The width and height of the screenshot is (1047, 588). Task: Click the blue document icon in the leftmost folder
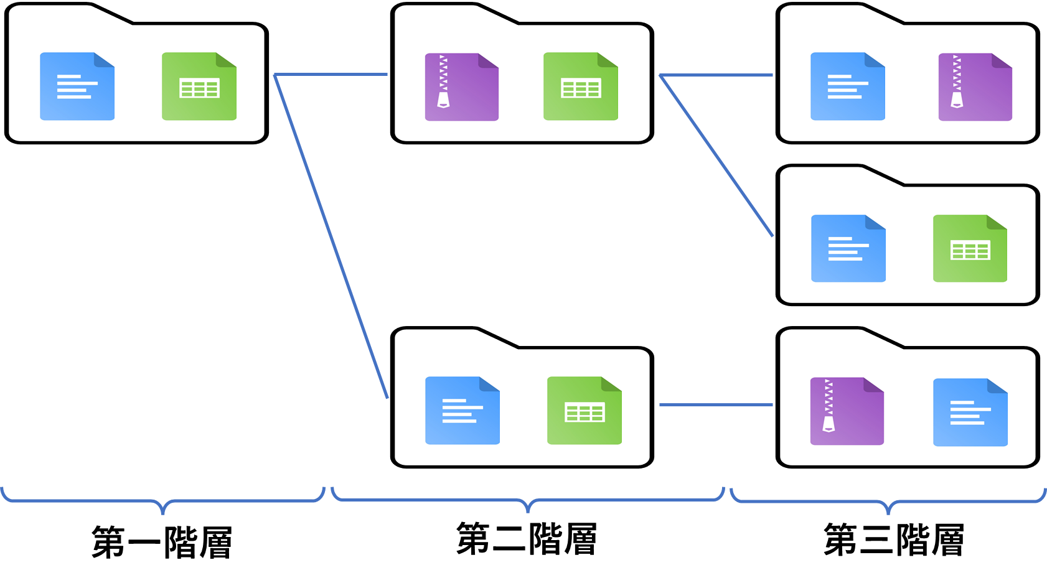[x=77, y=86]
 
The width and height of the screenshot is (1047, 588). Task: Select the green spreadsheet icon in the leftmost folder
[x=199, y=86]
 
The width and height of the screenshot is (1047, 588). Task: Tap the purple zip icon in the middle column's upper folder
[x=461, y=87]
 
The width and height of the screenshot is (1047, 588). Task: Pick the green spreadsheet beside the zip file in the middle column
[x=581, y=86]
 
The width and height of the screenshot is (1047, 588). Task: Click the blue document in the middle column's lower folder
[x=462, y=411]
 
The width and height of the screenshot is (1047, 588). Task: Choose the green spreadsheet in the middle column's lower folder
[x=585, y=411]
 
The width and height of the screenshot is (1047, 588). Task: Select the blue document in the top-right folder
[x=848, y=86]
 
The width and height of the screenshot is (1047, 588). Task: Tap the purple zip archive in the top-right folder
[x=975, y=87]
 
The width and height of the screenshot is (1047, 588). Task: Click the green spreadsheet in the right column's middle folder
[x=970, y=249]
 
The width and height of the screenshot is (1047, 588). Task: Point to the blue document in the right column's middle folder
[x=848, y=249]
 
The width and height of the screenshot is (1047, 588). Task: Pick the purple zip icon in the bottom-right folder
[x=847, y=411]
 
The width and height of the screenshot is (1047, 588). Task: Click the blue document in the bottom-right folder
[x=970, y=412]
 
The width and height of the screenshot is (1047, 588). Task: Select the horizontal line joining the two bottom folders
[x=716, y=405]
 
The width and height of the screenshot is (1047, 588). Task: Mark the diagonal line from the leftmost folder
[x=331, y=236]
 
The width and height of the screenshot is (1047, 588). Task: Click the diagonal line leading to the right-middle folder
[x=716, y=156]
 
